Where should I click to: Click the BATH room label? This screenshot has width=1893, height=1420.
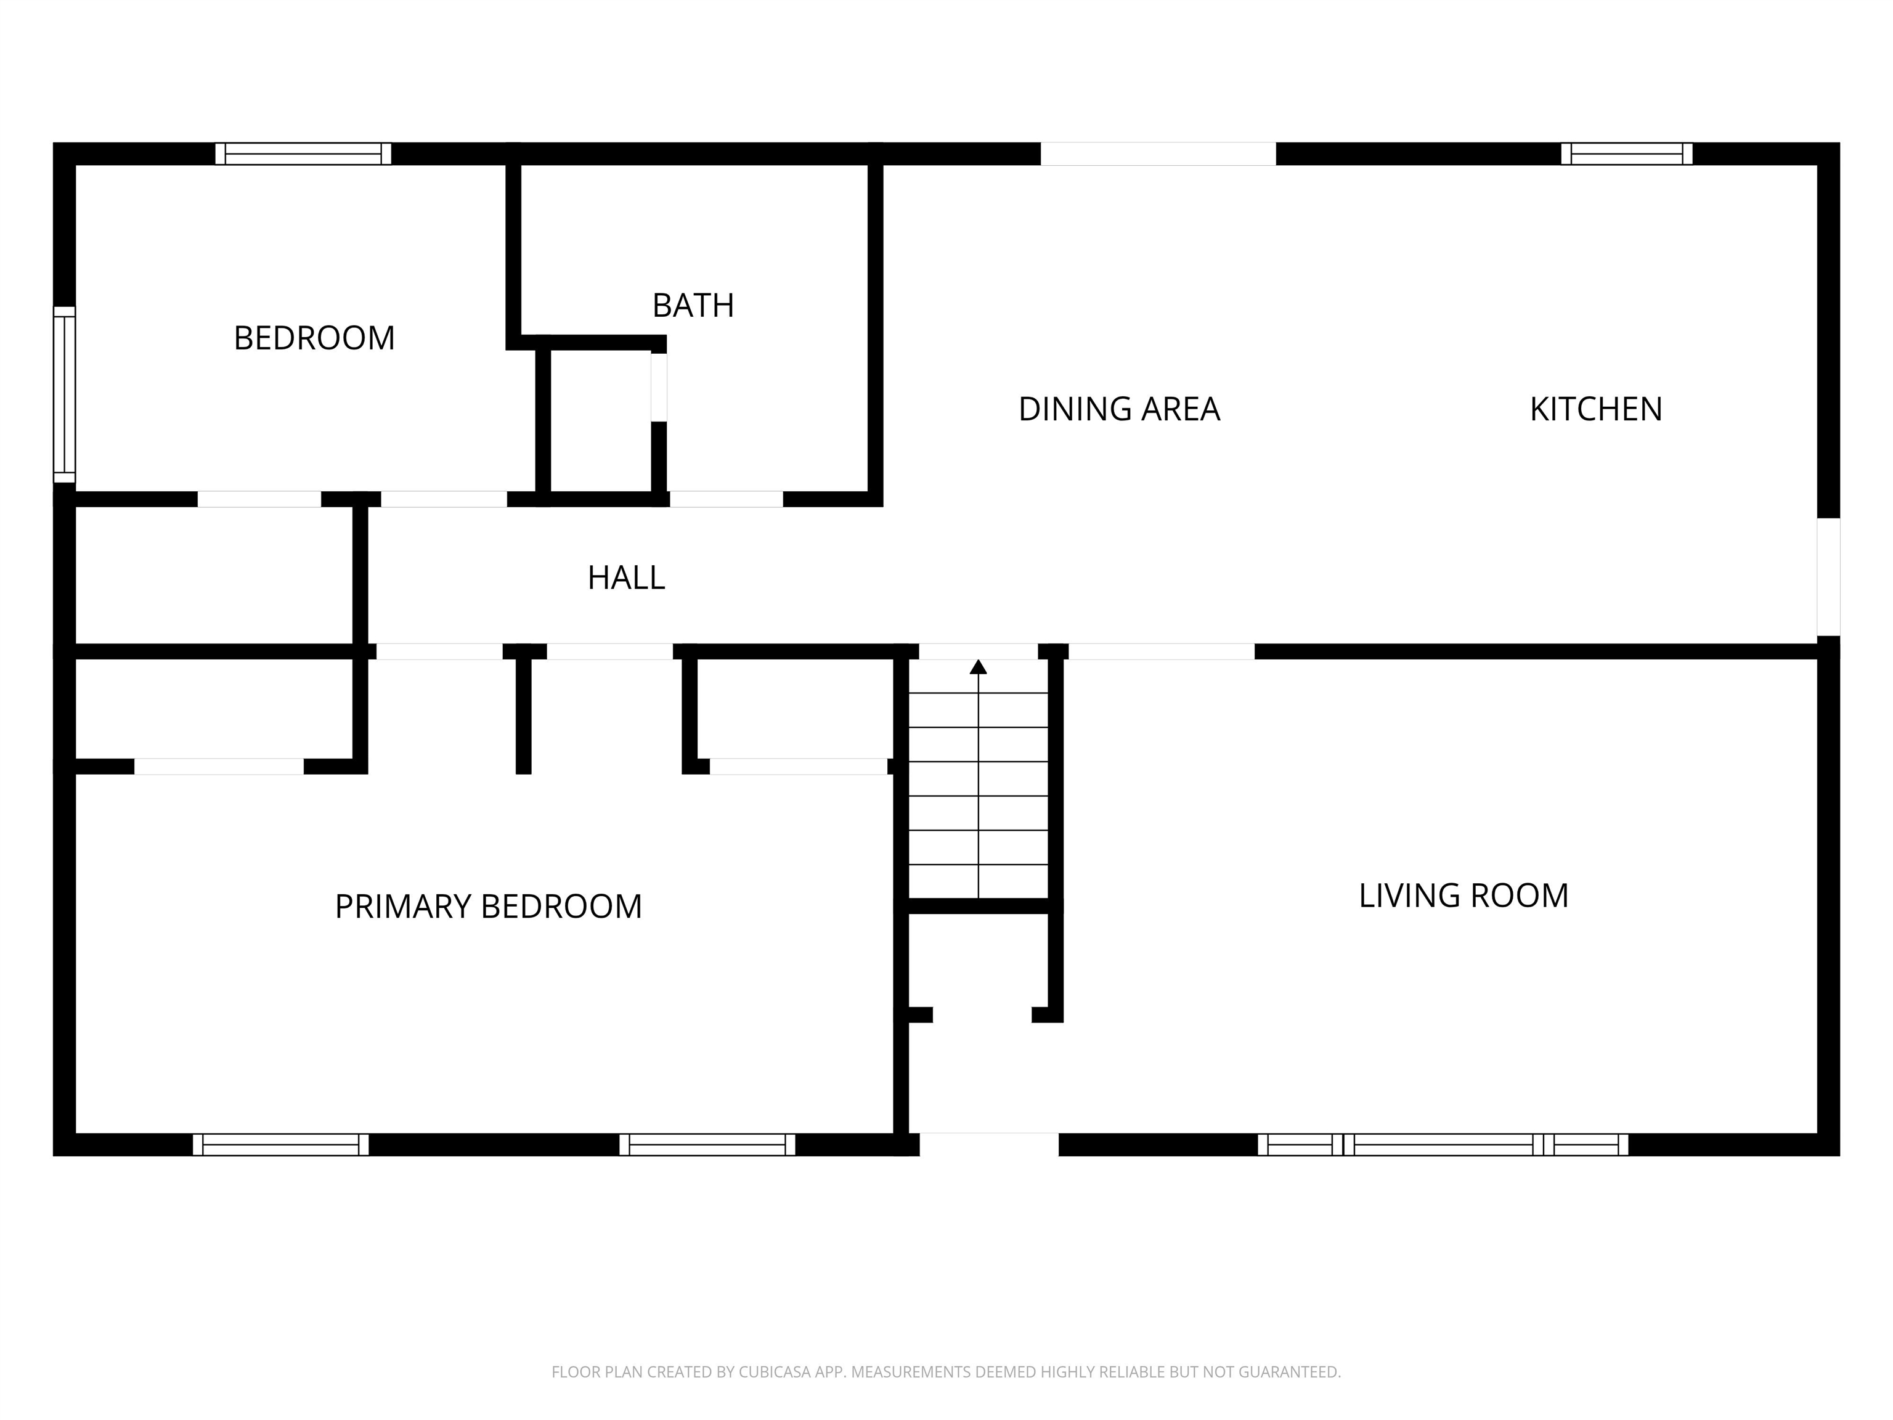click(x=693, y=306)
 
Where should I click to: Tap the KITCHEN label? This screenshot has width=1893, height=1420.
click(x=1595, y=409)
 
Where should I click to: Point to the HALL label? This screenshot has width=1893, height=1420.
click(x=625, y=577)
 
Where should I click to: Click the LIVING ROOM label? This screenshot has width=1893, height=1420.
click(x=1464, y=896)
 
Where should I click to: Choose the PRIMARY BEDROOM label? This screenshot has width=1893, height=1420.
click(x=488, y=907)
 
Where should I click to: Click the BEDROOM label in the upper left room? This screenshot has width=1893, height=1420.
click(x=314, y=338)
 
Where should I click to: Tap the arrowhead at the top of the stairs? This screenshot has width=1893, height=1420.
click(x=978, y=667)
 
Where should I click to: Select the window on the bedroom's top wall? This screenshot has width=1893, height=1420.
click(x=303, y=154)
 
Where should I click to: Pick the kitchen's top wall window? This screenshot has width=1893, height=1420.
click(x=1626, y=154)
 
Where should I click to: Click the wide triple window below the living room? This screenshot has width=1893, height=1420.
click(x=1443, y=1145)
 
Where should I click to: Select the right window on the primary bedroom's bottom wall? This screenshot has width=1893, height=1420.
click(x=707, y=1145)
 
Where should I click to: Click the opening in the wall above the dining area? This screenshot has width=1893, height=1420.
click(x=1158, y=154)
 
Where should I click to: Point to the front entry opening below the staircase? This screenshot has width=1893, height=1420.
click(x=988, y=1145)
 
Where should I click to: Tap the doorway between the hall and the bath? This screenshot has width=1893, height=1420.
click(x=726, y=499)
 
